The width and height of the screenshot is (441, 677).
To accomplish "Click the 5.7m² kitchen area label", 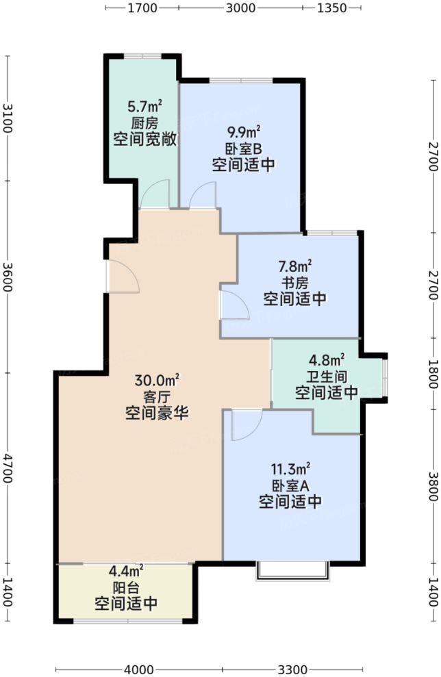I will point(144,107).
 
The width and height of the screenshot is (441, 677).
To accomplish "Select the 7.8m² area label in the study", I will point(295,265).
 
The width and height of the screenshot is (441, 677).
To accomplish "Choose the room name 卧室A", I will point(290,485).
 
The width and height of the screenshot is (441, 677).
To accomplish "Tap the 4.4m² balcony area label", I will point(126,570).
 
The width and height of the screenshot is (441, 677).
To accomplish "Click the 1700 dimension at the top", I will point(142,8).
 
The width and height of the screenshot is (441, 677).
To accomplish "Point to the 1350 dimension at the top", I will point(330,8).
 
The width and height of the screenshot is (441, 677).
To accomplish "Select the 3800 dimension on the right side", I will point(433,485).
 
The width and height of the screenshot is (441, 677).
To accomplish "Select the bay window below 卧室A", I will point(291,571).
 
